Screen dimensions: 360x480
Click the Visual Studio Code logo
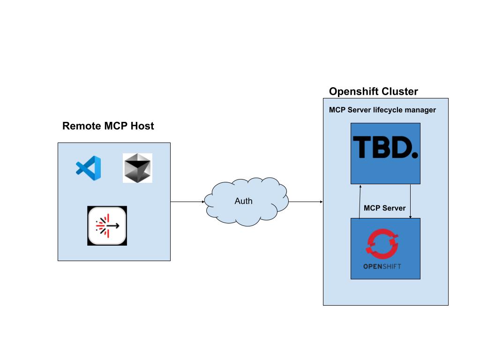[x=88, y=167]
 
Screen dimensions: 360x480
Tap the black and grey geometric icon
[x=137, y=168]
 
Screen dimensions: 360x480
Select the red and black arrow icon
[x=107, y=225]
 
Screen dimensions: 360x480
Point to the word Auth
[x=243, y=201]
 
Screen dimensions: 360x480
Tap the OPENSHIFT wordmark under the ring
[x=382, y=267]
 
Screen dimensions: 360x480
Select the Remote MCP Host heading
[x=108, y=126]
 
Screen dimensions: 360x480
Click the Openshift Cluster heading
[x=373, y=91]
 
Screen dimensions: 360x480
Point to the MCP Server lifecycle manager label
[x=382, y=110]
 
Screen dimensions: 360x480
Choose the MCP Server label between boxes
[x=384, y=208]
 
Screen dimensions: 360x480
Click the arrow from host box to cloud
[x=187, y=202]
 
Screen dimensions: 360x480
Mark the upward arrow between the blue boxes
[x=360, y=201]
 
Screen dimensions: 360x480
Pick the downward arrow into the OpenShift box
[x=411, y=201]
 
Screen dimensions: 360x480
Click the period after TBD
[x=414, y=154]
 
